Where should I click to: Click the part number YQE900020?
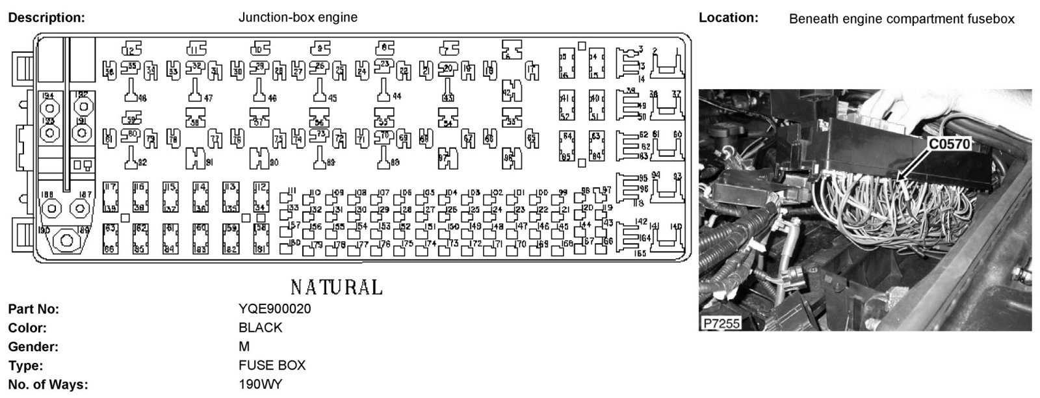[274, 309]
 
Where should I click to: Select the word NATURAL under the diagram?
[336, 287]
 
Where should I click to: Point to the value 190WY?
[260, 384]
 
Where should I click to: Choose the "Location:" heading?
[728, 18]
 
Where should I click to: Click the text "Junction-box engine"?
[298, 18]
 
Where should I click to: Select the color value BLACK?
[260, 328]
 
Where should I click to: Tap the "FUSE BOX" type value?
[272, 365]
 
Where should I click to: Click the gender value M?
[244, 347]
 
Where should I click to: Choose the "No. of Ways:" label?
[47, 384]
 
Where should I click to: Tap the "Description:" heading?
[46, 18]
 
